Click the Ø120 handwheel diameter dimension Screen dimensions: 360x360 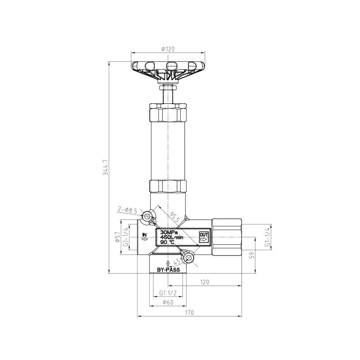tap(168, 49)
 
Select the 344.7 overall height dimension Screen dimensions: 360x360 tap(106, 167)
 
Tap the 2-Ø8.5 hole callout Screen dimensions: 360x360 tap(127, 210)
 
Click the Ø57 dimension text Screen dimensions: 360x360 tap(117, 237)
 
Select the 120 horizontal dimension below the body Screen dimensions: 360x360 tap(205, 282)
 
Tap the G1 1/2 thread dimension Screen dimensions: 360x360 tap(168, 293)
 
